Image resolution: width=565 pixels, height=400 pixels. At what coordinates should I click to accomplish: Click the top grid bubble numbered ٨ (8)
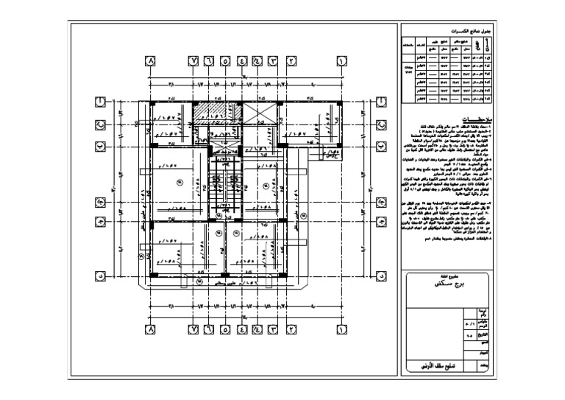[x=151, y=61]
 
